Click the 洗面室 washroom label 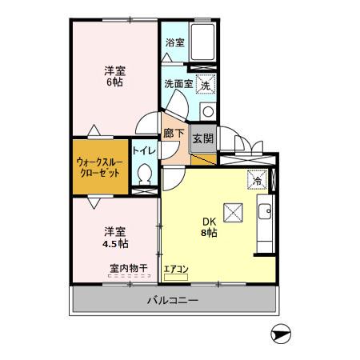pos(178,83)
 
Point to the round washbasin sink pos(206,111)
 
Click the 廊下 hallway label pos(174,134)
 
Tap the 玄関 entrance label pos(202,138)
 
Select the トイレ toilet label pos(144,150)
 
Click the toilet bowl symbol pos(145,174)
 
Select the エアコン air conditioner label pos(175,269)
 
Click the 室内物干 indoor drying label pos(128,269)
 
